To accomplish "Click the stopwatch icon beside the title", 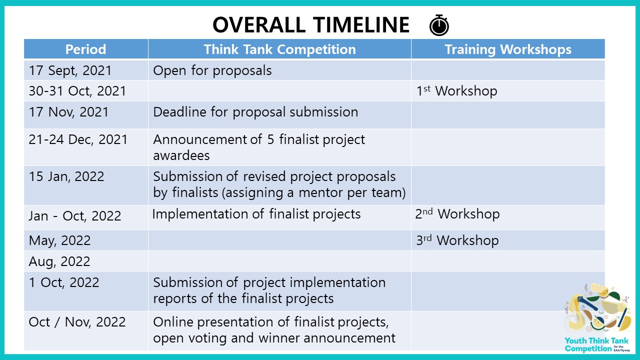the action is point(439,25).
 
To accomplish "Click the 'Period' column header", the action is point(85,49).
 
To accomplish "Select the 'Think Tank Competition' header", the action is point(279,49).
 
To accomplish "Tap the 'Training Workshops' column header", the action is point(508,49).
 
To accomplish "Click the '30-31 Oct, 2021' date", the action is point(77,91).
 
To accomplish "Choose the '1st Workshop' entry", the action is point(456,91).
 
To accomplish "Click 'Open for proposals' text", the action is point(212,70).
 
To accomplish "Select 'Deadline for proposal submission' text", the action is point(255,112).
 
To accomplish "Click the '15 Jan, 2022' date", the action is point(66,176).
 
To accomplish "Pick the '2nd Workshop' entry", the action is point(457,213).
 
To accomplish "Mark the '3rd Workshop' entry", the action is point(457,240).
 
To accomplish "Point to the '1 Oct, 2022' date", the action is point(64,282).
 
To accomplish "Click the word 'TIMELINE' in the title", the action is point(361,25).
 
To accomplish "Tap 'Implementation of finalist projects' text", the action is point(256,214).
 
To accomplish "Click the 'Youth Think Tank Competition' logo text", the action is point(596,345).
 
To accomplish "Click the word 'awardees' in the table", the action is point(181,155).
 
